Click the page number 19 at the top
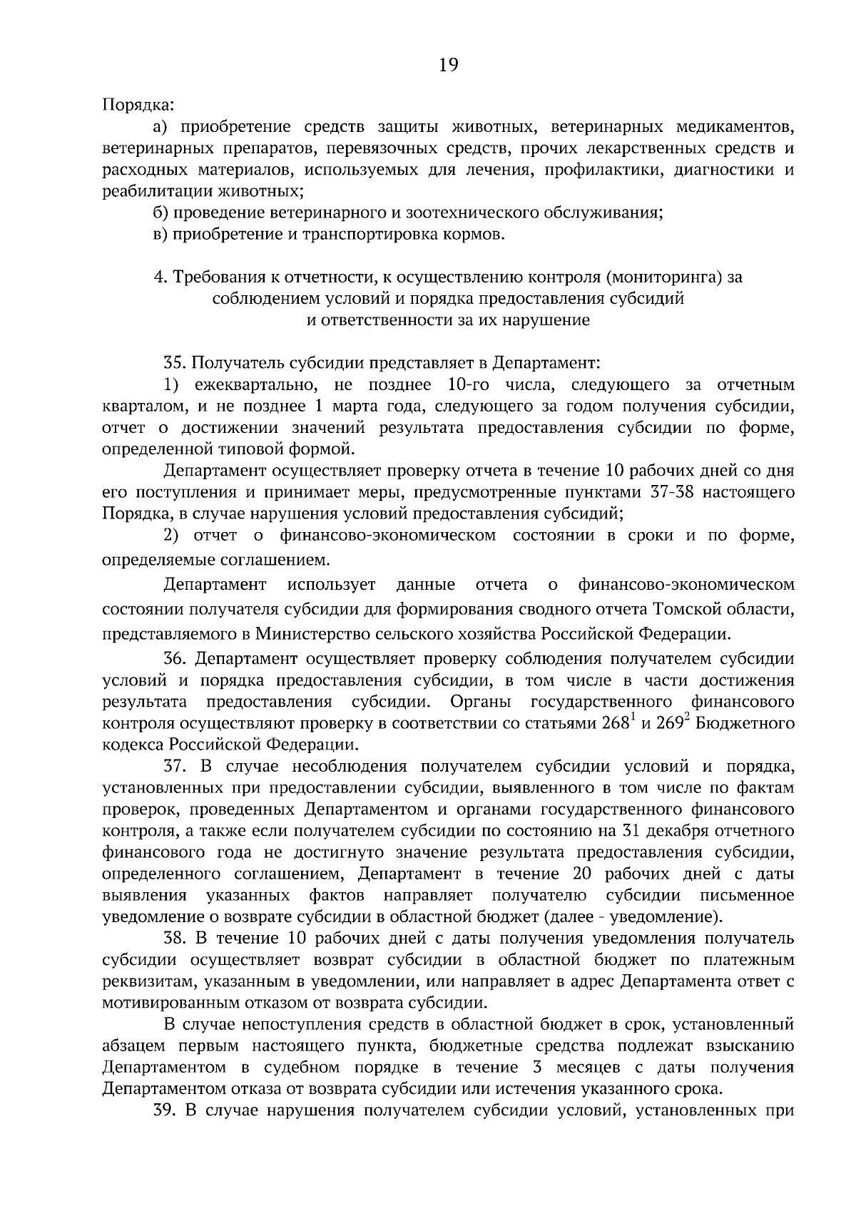coord(448,66)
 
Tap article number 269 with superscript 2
coord(670,724)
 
